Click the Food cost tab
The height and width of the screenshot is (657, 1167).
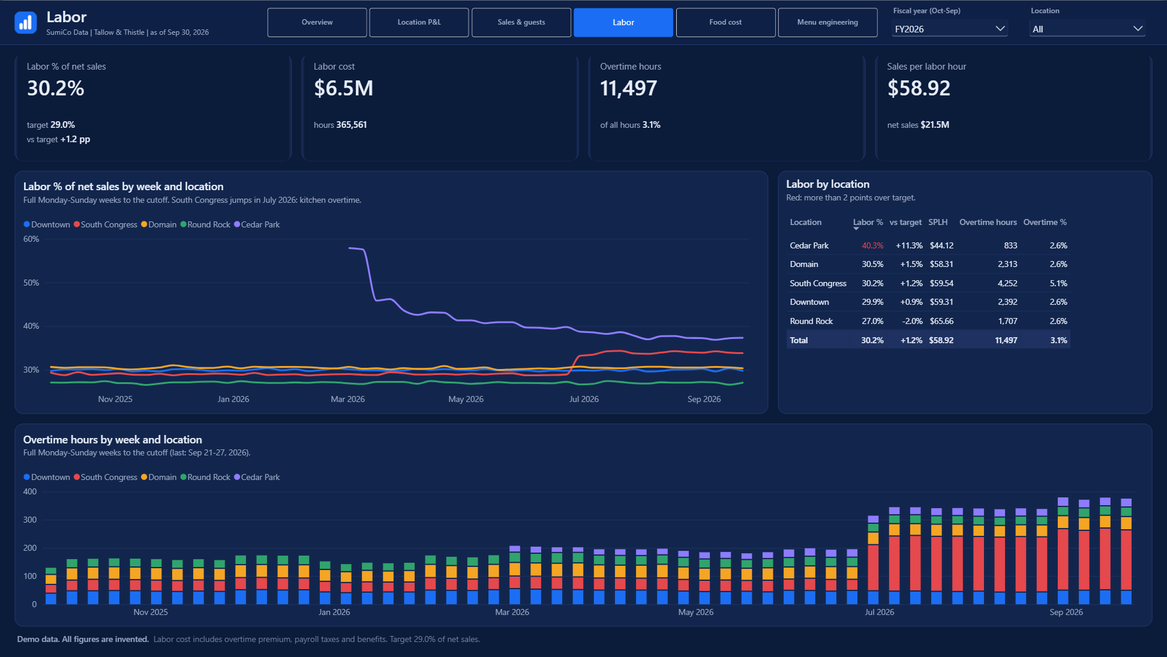725,22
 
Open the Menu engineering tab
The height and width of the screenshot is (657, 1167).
827,22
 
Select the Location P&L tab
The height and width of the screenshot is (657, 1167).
419,22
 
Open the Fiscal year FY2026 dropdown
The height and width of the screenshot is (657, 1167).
949,29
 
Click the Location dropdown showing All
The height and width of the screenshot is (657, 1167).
1087,29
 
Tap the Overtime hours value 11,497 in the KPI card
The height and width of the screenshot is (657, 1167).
629,88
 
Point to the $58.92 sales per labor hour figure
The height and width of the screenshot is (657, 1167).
919,88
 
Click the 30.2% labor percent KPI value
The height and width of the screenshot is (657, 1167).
55,88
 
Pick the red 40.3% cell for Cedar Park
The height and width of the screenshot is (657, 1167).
872,245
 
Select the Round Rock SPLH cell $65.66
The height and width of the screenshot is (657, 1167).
941,321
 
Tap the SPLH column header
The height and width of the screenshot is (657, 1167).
938,222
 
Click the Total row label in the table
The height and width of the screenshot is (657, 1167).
799,340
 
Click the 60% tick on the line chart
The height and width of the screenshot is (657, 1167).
31,239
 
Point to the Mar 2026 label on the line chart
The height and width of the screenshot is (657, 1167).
347,399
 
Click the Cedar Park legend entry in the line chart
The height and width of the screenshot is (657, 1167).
257,224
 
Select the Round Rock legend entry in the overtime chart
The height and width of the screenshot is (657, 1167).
205,477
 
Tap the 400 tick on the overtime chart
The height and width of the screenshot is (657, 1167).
30,491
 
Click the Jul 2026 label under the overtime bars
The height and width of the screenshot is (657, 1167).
879,612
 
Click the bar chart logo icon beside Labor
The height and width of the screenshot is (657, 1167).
25,23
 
